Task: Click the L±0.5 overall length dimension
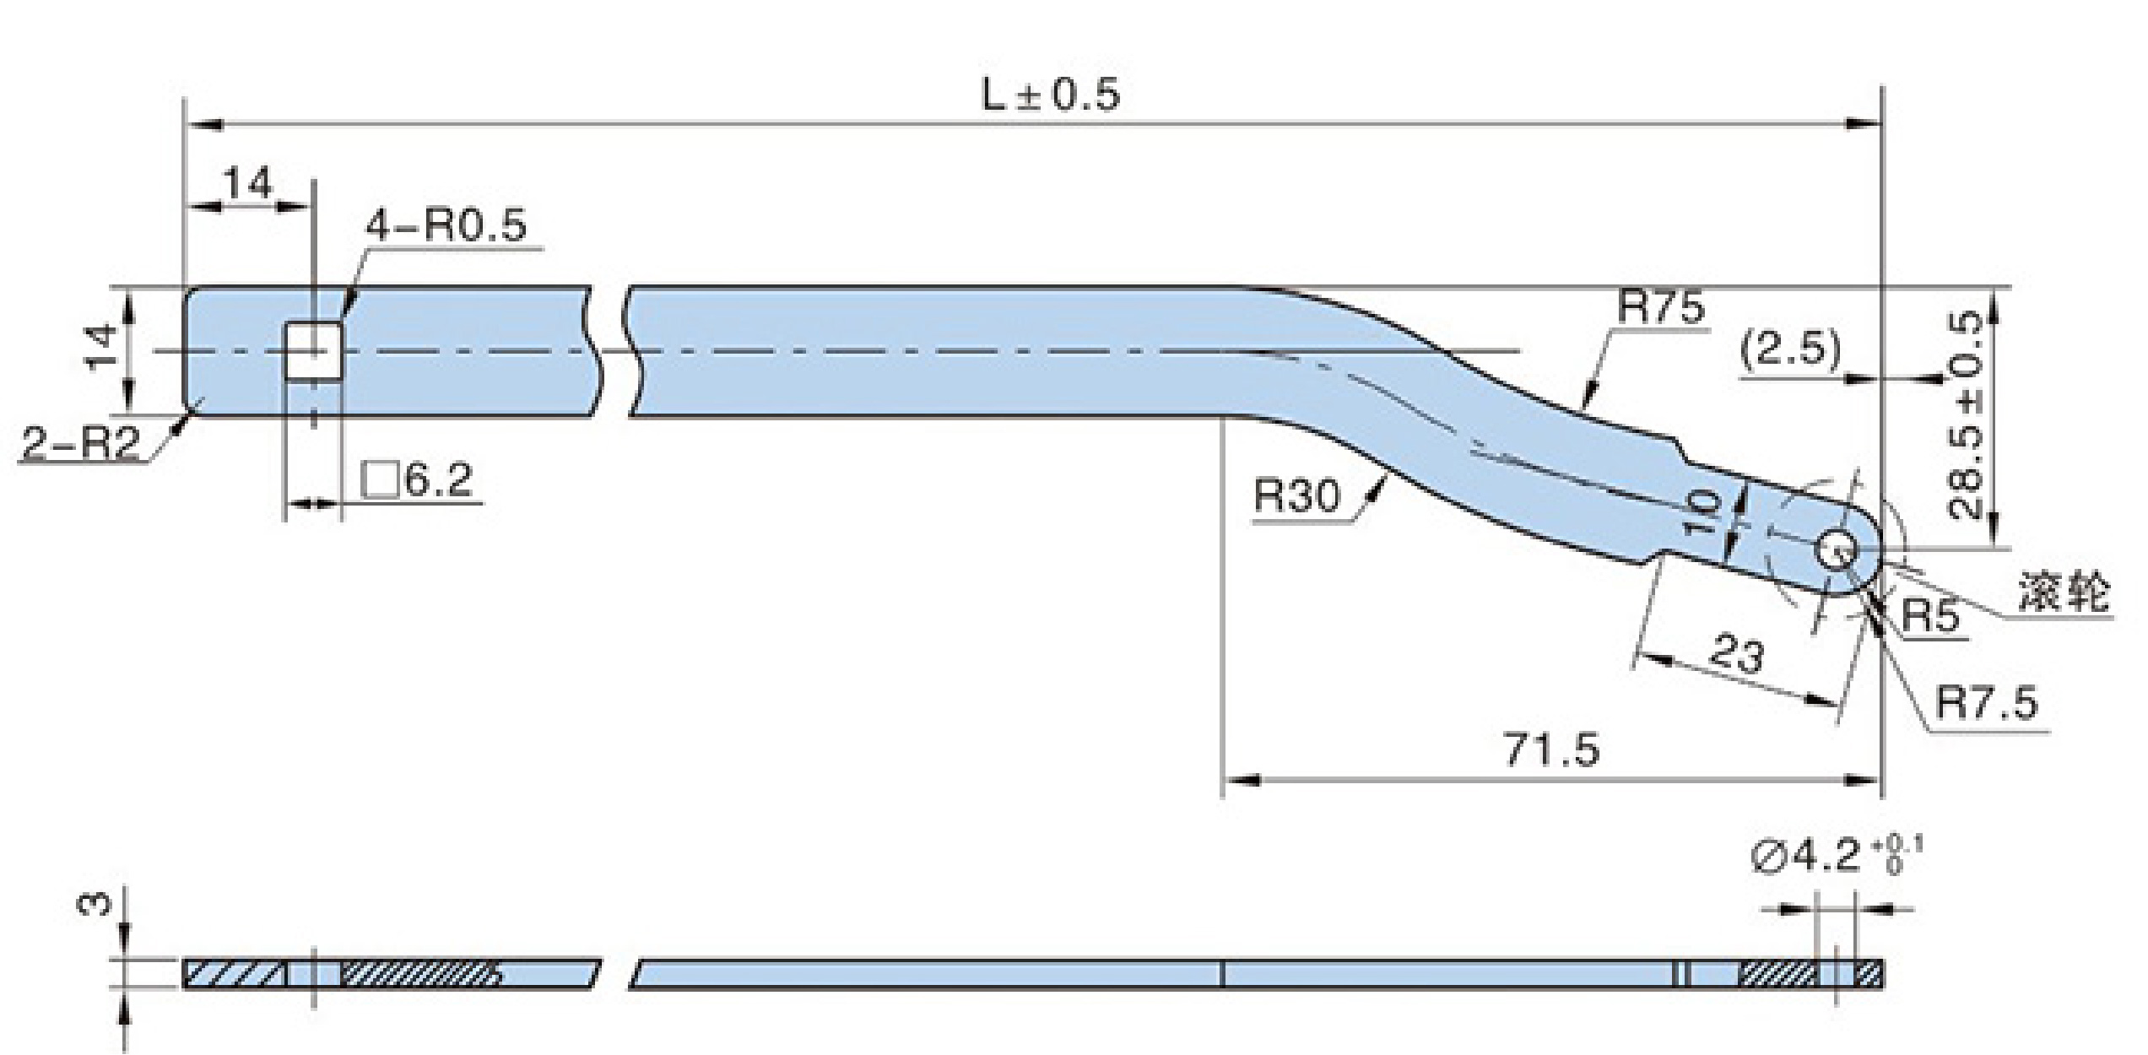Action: [1051, 95]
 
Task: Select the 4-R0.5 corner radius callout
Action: [446, 225]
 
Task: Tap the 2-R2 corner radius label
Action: [81, 444]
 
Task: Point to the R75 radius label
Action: [1660, 307]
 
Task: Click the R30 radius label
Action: [1296, 495]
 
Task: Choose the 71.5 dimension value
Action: [1553, 749]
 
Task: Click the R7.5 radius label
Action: [1986, 702]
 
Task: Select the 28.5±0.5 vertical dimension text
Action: [1967, 415]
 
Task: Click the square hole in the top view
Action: [314, 351]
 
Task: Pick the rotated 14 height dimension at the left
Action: [101, 348]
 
